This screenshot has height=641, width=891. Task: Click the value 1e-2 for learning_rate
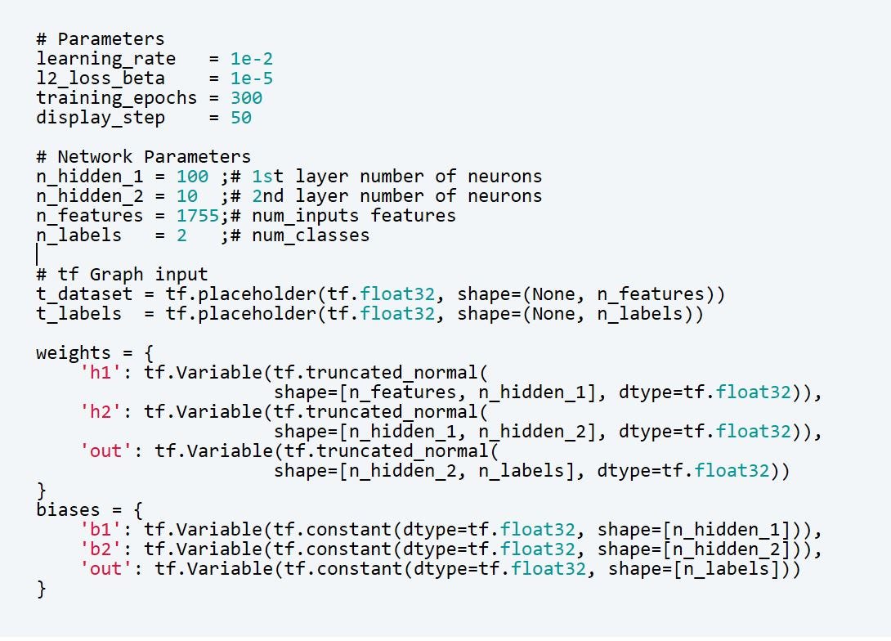pos(251,59)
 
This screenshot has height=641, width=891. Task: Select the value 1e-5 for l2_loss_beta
pos(251,78)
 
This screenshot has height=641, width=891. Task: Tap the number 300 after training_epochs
pos(246,98)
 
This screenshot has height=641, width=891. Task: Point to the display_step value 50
pos(240,118)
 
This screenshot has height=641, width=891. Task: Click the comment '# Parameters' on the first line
pos(100,39)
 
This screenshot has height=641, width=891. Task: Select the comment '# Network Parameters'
pos(143,157)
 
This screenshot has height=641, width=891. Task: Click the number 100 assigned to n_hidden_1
pos(192,177)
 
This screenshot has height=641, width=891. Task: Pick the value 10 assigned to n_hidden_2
pos(186,196)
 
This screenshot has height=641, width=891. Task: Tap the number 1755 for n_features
pos(197,216)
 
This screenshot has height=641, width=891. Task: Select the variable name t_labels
pos(78,314)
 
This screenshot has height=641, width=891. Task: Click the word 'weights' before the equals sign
pos(73,353)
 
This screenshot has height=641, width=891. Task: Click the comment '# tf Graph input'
pos(122,275)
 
